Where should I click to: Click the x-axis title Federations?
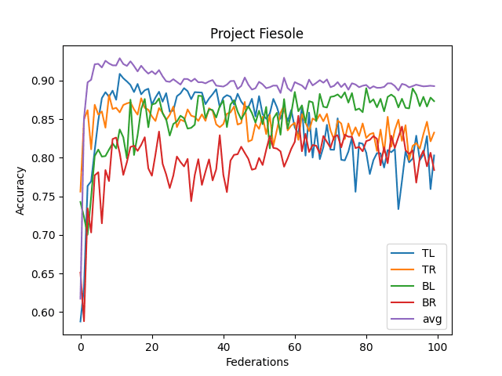pyautogui.click(x=256, y=362)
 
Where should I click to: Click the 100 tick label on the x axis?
pyautogui.click(x=437, y=346)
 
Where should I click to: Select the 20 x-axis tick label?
pyautogui.click(x=152, y=346)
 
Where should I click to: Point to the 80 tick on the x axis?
pyautogui.click(x=366, y=346)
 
